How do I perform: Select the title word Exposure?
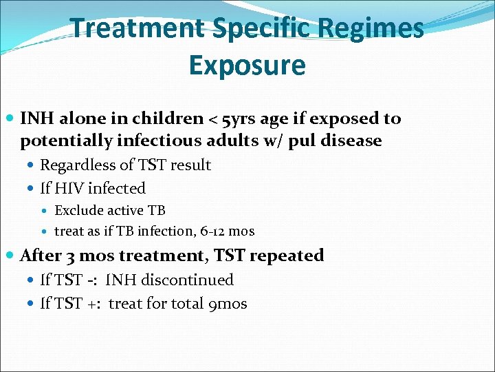[x=247, y=65]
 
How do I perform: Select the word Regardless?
[x=77, y=165]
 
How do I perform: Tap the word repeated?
[x=287, y=256]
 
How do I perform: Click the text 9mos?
[x=227, y=304]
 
